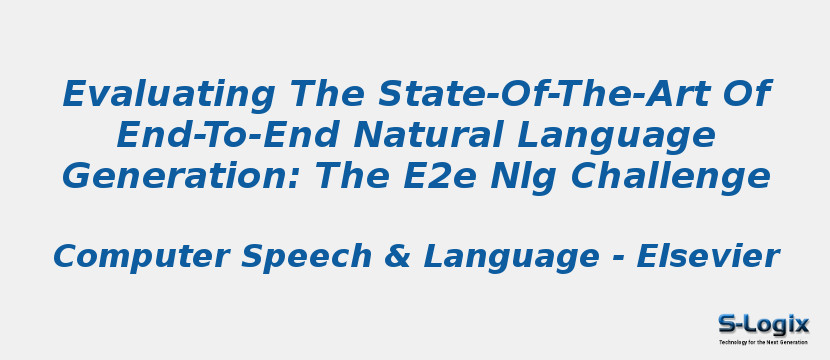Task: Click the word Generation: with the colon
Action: coord(180,177)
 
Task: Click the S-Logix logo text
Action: coord(763,323)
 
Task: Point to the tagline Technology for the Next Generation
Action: coord(763,342)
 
